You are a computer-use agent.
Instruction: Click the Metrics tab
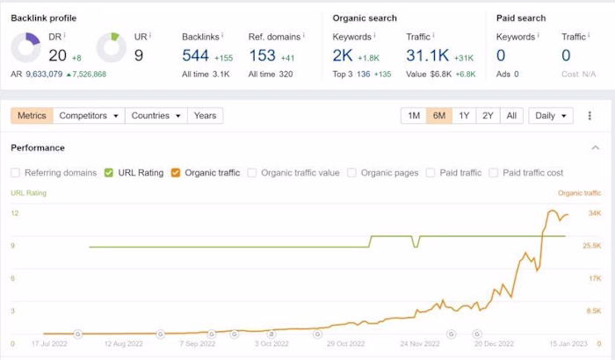(x=32, y=116)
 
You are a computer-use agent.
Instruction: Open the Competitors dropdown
(x=88, y=116)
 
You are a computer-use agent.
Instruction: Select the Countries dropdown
(x=156, y=116)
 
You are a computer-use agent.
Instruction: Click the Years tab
(x=205, y=116)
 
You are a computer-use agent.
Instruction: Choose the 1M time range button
(x=414, y=116)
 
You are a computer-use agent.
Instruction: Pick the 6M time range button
(x=439, y=116)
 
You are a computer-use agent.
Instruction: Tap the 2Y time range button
(x=488, y=116)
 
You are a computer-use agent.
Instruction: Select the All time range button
(x=512, y=116)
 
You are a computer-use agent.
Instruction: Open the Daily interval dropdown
(x=551, y=116)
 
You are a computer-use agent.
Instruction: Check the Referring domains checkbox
(x=16, y=173)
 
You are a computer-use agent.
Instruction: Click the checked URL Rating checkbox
(x=109, y=173)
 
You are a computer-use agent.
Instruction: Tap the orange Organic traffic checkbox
(x=176, y=173)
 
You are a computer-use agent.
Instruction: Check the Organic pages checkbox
(x=352, y=173)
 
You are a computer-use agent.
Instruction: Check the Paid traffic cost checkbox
(x=494, y=173)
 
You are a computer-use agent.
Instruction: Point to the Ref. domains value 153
(x=262, y=55)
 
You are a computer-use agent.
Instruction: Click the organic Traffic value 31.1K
(x=428, y=55)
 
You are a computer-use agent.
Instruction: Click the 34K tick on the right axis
(x=594, y=213)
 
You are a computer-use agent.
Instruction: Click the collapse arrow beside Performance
(x=595, y=148)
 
